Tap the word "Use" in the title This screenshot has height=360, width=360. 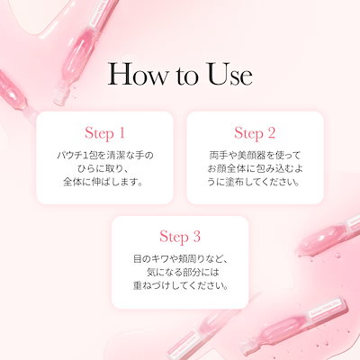[226, 75]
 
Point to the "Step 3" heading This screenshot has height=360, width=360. [179, 238]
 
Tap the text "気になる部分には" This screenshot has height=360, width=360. [179, 273]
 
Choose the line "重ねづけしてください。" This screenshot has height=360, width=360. [179, 287]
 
